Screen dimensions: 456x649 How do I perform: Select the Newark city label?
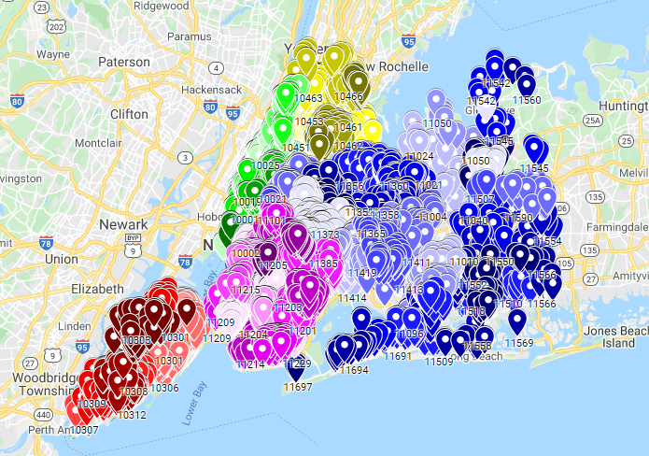pos(124,225)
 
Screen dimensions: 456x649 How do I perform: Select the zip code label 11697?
pos(297,386)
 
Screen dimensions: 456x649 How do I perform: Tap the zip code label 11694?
pos(353,370)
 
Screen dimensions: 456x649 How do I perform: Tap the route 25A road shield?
pos(591,120)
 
